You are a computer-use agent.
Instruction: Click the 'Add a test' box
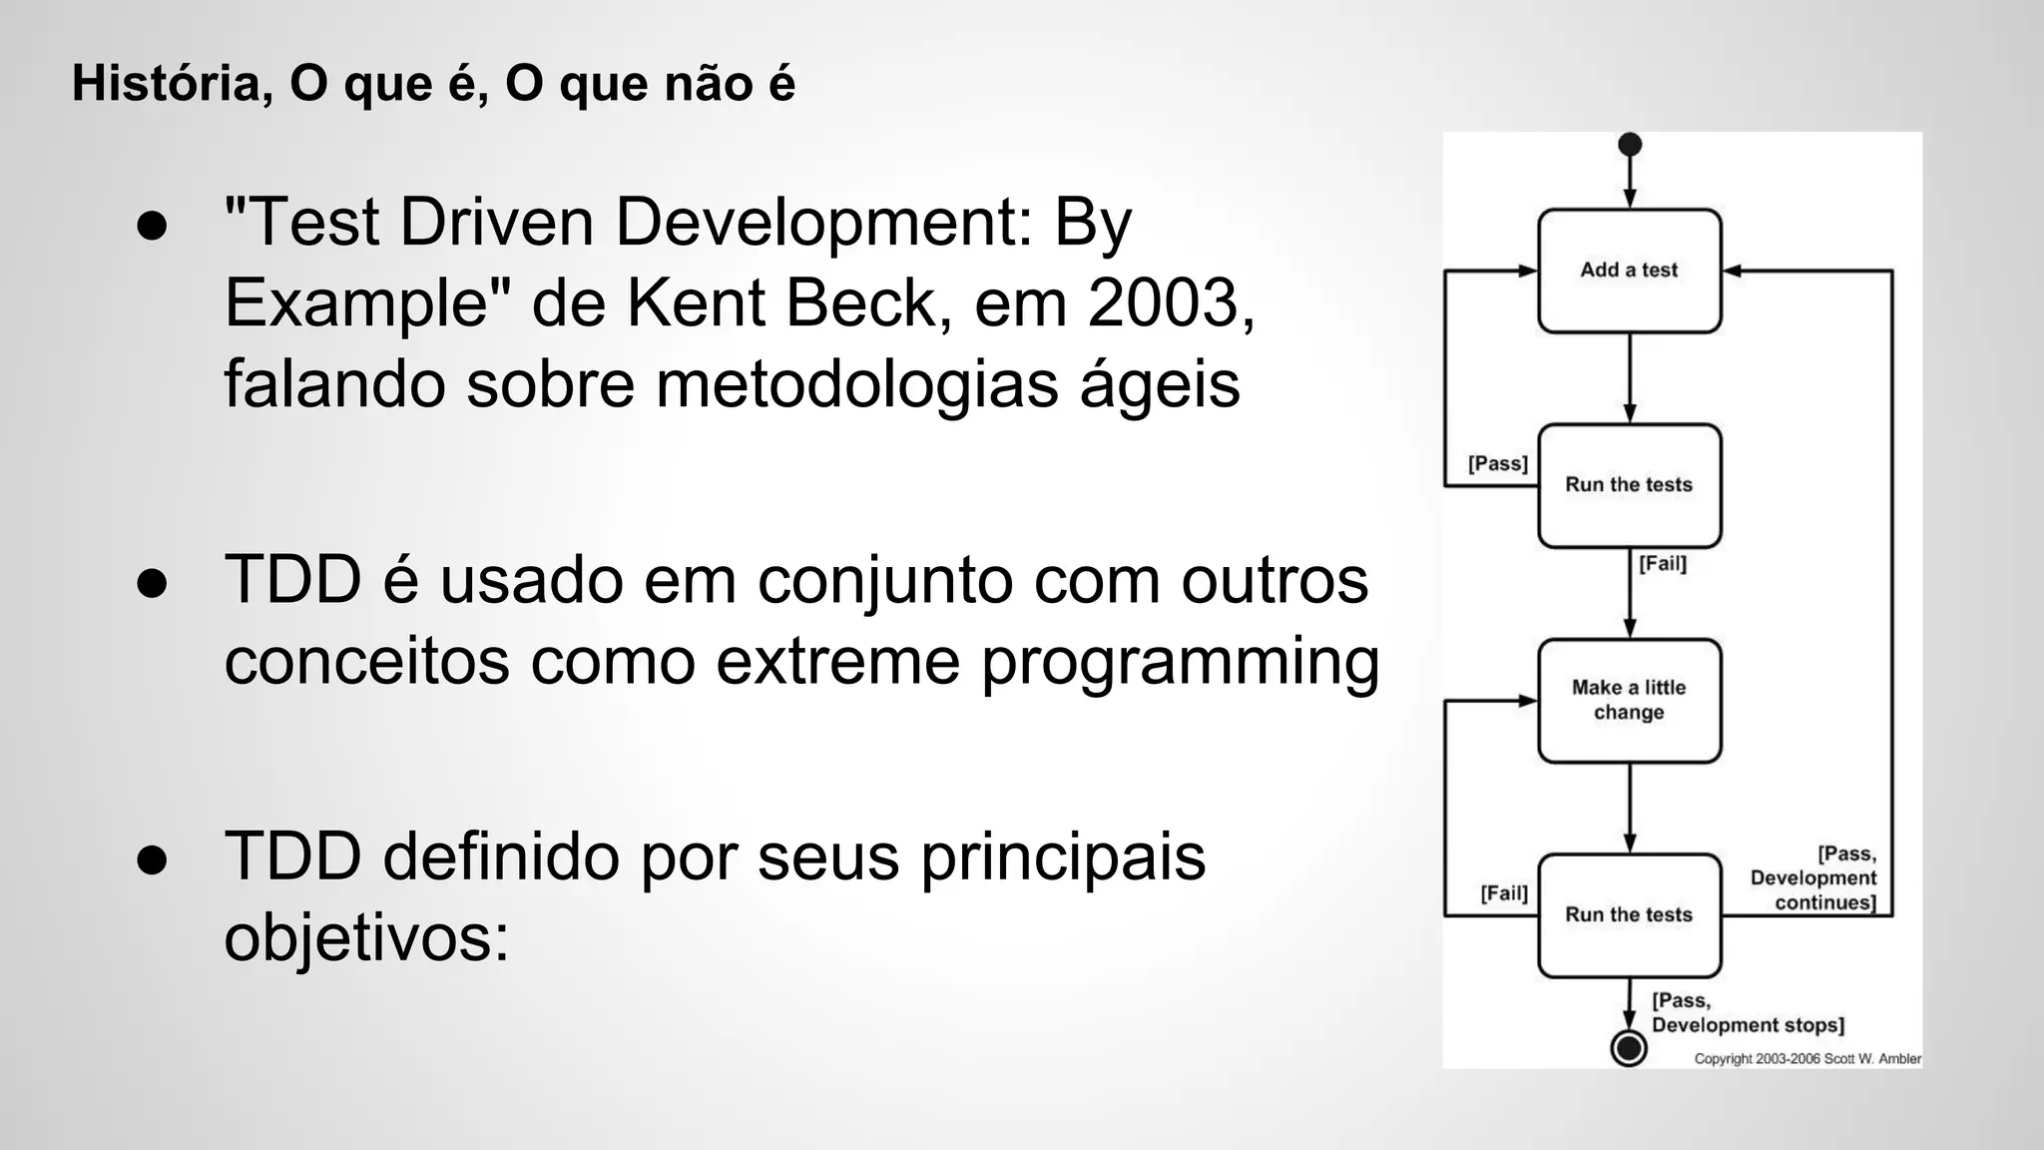click(1629, 271)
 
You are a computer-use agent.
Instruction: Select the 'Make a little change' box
click(1629, 700)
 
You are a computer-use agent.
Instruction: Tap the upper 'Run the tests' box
click(1629, 485)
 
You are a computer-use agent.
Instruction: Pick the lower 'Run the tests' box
click(1629, 914)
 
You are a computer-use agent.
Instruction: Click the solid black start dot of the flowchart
click(1629, 145)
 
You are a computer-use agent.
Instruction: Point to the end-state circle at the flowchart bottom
click(1629, 1047)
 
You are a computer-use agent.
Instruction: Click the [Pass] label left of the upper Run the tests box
click(1497, 464)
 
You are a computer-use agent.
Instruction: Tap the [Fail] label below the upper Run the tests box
click(1663, 564)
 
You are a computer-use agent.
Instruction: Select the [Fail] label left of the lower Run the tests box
click(1503, 893)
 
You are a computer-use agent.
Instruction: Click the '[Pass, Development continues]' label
click(1814, 878)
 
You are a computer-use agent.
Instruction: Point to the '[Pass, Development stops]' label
click(1747, 1013)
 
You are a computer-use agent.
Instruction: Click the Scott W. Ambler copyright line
click(1806, 1059)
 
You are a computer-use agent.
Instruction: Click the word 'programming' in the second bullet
click(1180, 661)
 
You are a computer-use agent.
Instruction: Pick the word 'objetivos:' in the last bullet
click(366, 938)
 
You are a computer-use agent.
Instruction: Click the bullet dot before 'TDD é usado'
click(152, 583)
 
